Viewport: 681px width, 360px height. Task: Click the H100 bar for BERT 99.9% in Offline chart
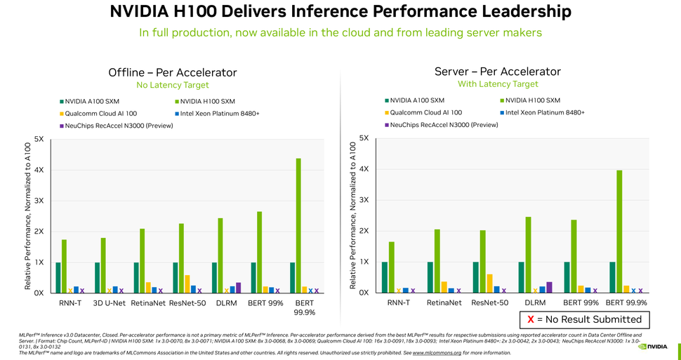[x=298, y=225]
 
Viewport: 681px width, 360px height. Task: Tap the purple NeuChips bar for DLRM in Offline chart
[x=238, y=287]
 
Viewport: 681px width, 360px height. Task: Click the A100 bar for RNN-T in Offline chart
[x=58, y=277]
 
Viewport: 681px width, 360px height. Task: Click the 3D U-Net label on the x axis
[x=110, y=304]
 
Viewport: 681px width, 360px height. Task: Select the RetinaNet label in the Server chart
[x=444, y=303]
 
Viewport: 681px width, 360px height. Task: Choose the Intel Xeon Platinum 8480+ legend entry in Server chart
[x=544, y=112]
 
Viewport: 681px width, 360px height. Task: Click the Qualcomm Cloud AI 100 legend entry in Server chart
[x=425, y=112]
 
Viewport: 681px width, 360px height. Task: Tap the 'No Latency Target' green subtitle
[x=173, y=85]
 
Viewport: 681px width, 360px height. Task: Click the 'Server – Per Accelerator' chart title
[x=498, y=72]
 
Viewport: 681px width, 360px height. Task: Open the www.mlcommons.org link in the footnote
[x=437, y=353]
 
